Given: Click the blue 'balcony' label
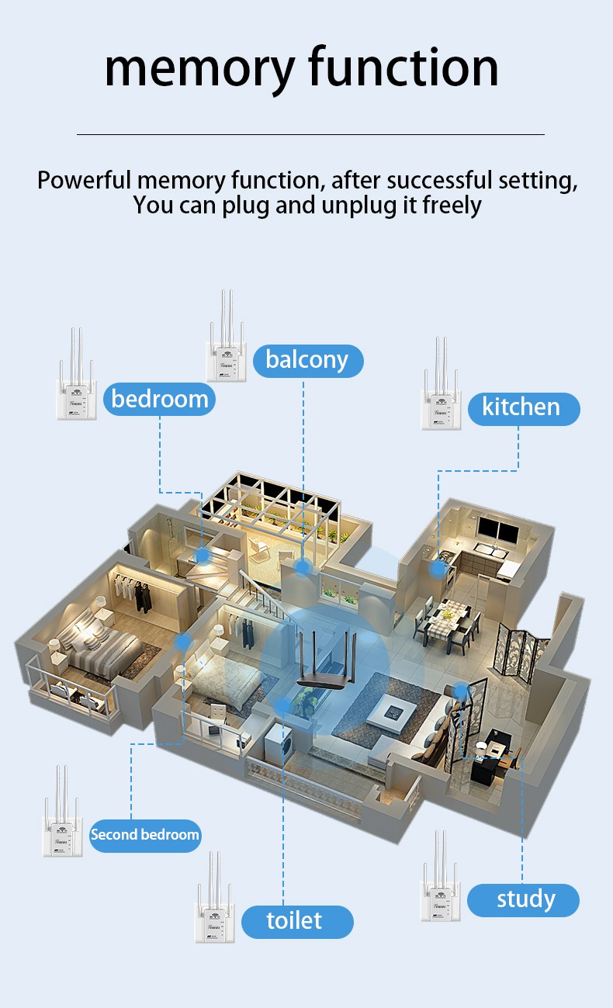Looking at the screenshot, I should tap(307, 361).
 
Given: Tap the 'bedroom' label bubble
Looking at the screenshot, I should tap(159, 399).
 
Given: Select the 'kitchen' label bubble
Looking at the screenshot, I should tap(520, 407).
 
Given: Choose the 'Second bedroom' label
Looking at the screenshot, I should tap(145, 835).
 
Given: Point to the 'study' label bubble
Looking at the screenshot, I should tap(525, 899).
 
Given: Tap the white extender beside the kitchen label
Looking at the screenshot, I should tap(442, 396).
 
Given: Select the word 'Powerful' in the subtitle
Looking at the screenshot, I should tap(85, 180).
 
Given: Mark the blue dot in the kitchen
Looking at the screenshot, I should tap(439, 569).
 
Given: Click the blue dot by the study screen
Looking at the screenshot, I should tap(461, 690).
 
